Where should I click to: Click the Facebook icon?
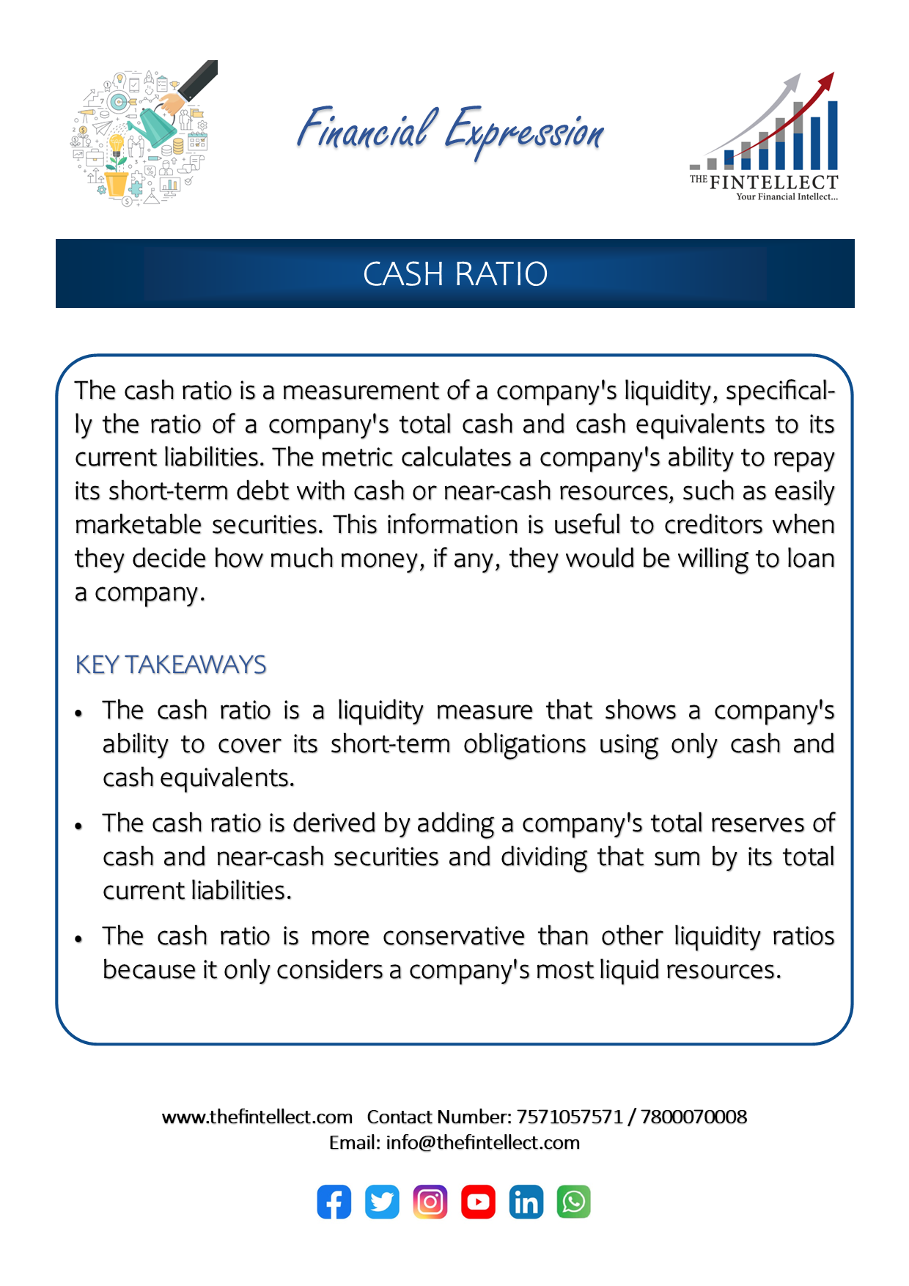[334, 1202]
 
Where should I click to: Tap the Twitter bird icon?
[382, 1202]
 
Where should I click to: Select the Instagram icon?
[430, 1202]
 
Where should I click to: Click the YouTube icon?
[478, 1202]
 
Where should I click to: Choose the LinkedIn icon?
[526, 1202]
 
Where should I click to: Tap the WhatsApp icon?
[574, 1202]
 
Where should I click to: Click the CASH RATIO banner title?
[455, 274]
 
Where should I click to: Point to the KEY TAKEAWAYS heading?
[171, 664]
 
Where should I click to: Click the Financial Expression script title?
[450, 131]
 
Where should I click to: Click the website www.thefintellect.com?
[257, 1117]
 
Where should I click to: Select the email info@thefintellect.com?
[482, 1142]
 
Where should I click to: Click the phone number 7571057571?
[569, 1117]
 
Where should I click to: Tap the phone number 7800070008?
[693, 1117]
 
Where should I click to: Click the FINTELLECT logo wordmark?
[773, 182]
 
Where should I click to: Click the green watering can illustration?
[157, 125]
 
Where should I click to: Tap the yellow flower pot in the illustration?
[117, 183]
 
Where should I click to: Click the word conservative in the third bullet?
[454, 936]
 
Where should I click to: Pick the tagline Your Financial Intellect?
[787, 196]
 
